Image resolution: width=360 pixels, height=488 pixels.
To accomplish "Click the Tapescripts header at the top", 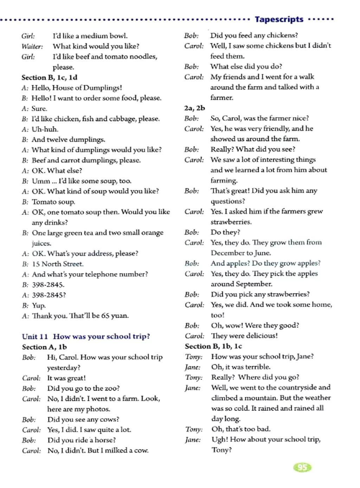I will (279, 19).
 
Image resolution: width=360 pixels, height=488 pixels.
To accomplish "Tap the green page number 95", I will (302, 467).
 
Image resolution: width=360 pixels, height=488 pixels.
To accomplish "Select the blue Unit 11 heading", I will (86, 336).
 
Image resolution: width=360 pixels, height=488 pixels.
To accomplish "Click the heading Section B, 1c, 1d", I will (49, 77).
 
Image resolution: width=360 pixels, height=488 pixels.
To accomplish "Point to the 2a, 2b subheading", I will (194, 108).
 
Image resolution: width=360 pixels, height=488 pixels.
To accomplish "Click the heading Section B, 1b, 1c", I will (213, 346).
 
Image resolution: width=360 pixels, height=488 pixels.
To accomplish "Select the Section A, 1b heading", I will (44, 347).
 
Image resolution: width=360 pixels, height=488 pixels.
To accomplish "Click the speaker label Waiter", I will (32, 46).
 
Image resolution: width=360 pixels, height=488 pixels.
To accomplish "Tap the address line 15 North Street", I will (58, 264).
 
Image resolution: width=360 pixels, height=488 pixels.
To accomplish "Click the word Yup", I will (39, 305).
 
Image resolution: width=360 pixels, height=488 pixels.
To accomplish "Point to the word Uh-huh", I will (45, 129).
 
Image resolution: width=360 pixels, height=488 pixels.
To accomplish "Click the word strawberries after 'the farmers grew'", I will (231, 222).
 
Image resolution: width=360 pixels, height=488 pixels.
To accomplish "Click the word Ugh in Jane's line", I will (219, 439).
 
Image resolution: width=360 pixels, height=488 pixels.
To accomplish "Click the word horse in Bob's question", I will (104, 440).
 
